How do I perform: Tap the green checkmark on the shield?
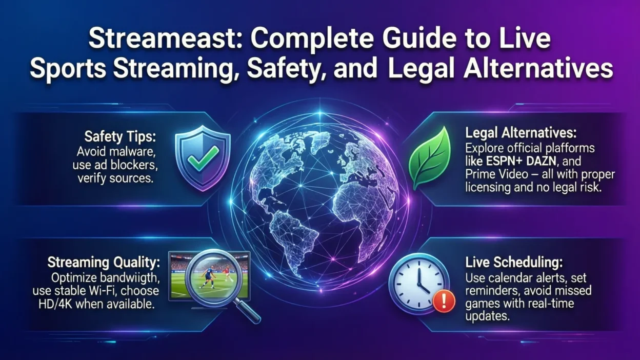[203, 158]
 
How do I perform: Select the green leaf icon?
[430, 158]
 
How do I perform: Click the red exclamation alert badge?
[444, 301]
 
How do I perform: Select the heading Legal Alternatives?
[521, 133]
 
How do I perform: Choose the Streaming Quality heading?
[104, 262]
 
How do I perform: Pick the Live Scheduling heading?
[514, 262]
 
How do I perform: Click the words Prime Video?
[496, 174]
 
